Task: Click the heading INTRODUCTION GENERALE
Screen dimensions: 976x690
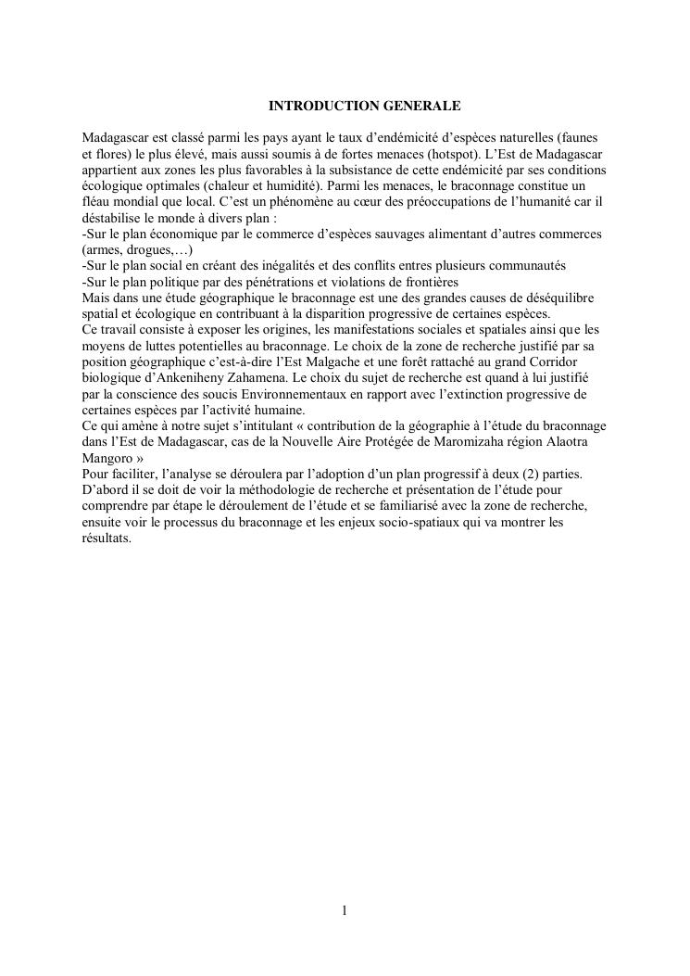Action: pos(345,107)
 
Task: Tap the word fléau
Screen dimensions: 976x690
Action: pos(94,202)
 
